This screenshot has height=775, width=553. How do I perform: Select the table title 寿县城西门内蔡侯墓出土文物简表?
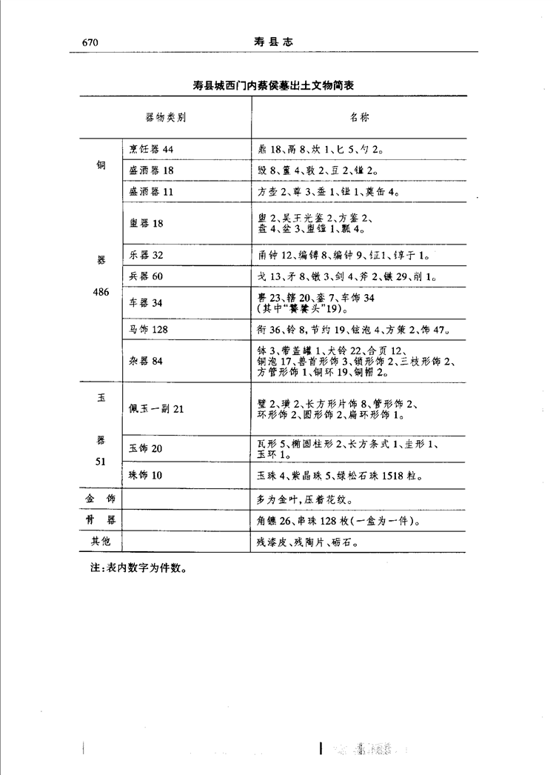click(272, 86)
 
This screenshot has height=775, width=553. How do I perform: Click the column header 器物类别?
click(165, 117)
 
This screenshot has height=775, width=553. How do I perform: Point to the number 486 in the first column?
click(101, 293)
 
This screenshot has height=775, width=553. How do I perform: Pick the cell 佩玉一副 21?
click(156, 409)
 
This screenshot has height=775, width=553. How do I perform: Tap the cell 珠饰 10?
click(146, 475)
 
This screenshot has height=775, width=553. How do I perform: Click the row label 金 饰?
click(101, 499)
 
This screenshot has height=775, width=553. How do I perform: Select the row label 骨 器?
click(101, 521)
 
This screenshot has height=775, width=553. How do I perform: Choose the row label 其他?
click(101, 542)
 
